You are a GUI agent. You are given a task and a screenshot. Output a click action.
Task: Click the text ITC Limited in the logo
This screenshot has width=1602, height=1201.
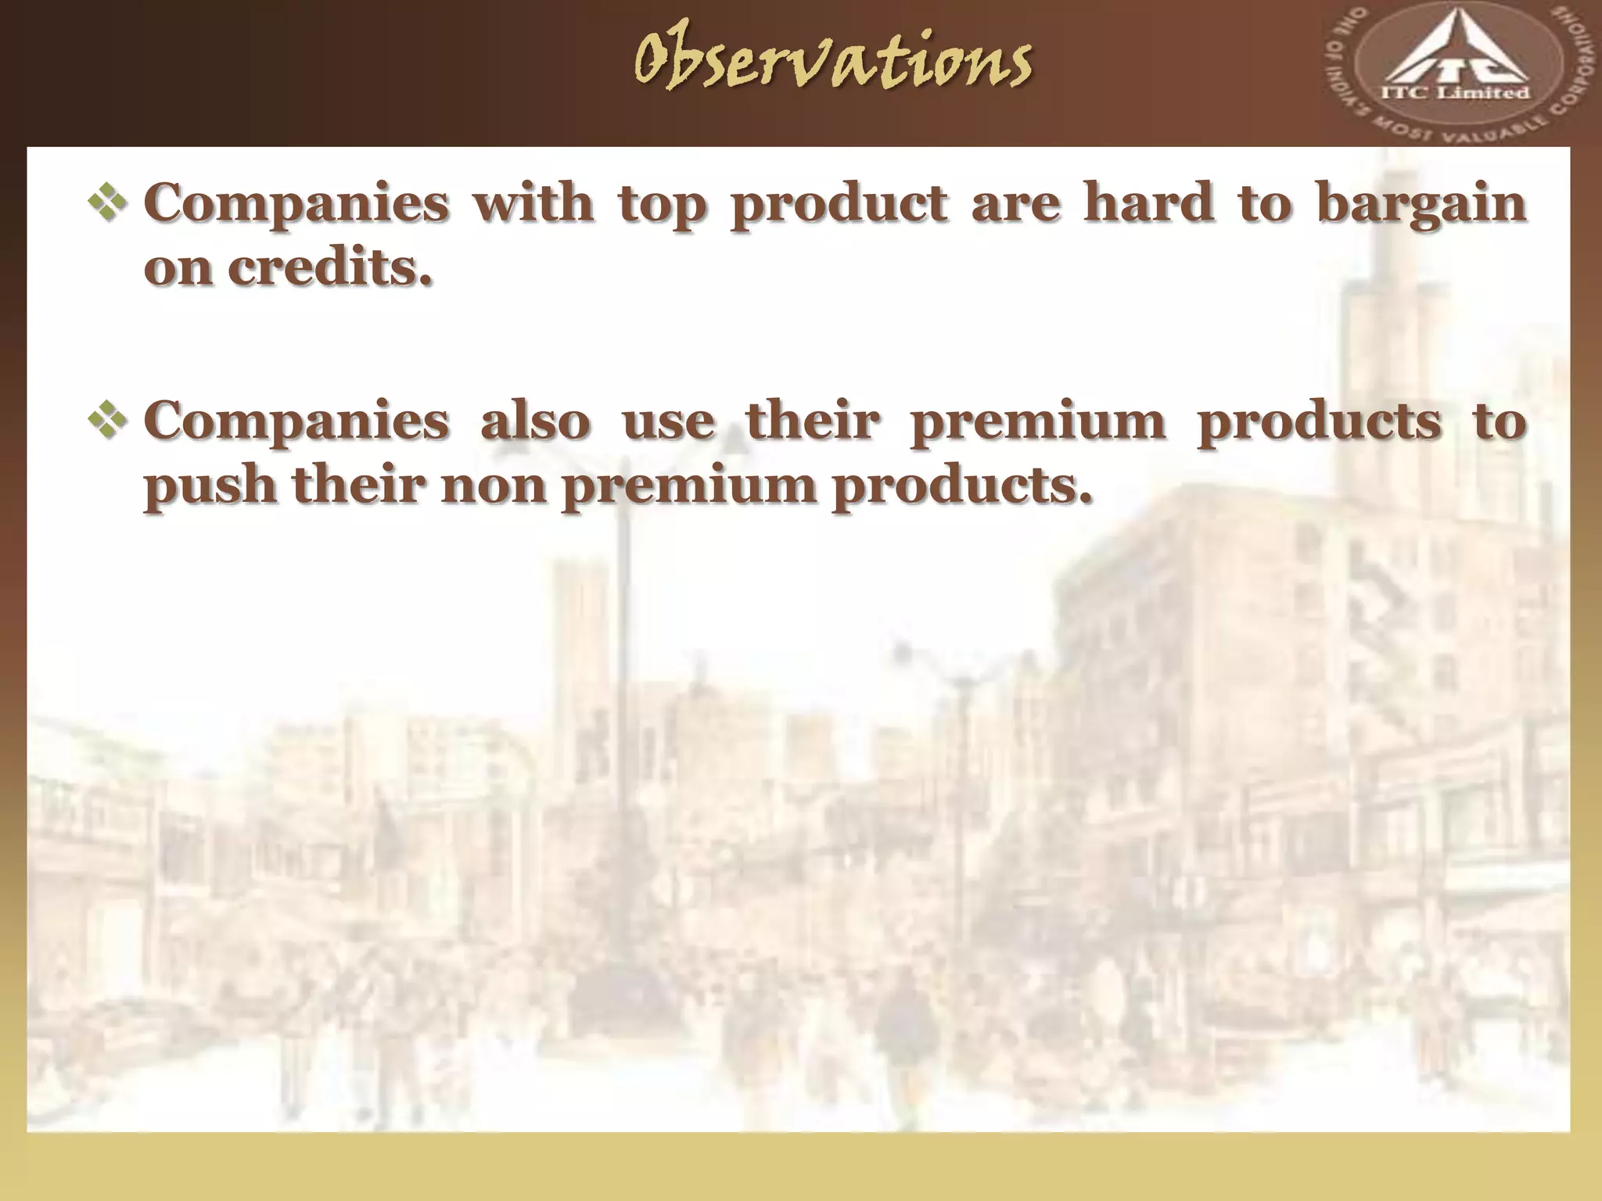click(1457, 93)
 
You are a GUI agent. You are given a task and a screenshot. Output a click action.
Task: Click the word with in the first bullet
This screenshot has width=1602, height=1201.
click(533, 203)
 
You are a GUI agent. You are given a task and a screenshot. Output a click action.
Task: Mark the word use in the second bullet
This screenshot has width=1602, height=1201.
click(668, 422)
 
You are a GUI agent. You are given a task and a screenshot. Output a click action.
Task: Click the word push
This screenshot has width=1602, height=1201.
click(210, 486)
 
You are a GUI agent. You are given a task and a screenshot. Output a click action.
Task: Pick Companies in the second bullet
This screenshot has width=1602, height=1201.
click(296, 423)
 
